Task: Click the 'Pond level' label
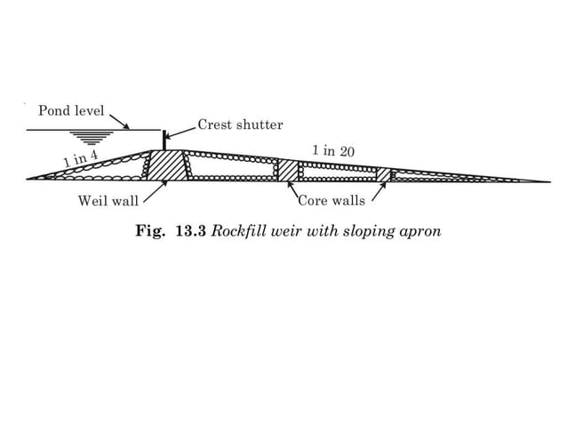tap(70, 111)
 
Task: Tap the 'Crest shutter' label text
tap(240, 124)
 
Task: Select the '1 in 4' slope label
tap(80, 160)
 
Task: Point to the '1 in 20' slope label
tap(333, 151)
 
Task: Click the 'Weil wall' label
tap(108, 201)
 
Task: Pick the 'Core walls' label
tap(331, 201)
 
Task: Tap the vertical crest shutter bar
tap(164, 140)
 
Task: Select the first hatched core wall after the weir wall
tap(287, 170)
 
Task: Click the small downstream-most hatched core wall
tap(383, 174)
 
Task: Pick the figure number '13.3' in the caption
tap(191, 231)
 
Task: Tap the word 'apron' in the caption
tap(420, 231)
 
